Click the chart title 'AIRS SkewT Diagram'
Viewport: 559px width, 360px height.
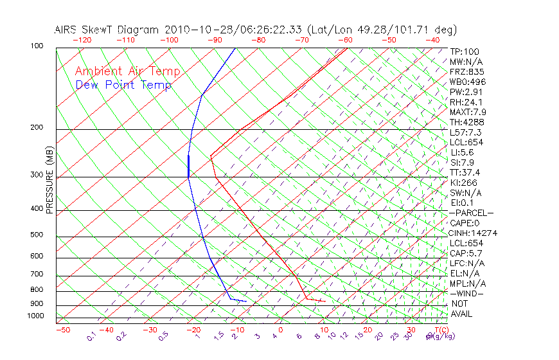tap(107, 30)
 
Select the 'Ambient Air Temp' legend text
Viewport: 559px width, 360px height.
tap(128, 71)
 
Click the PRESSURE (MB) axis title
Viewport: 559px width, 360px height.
tap(49, 181)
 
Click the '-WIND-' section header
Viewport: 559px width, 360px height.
tap(466, 293)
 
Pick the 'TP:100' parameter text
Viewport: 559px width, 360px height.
tap(465, 51)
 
